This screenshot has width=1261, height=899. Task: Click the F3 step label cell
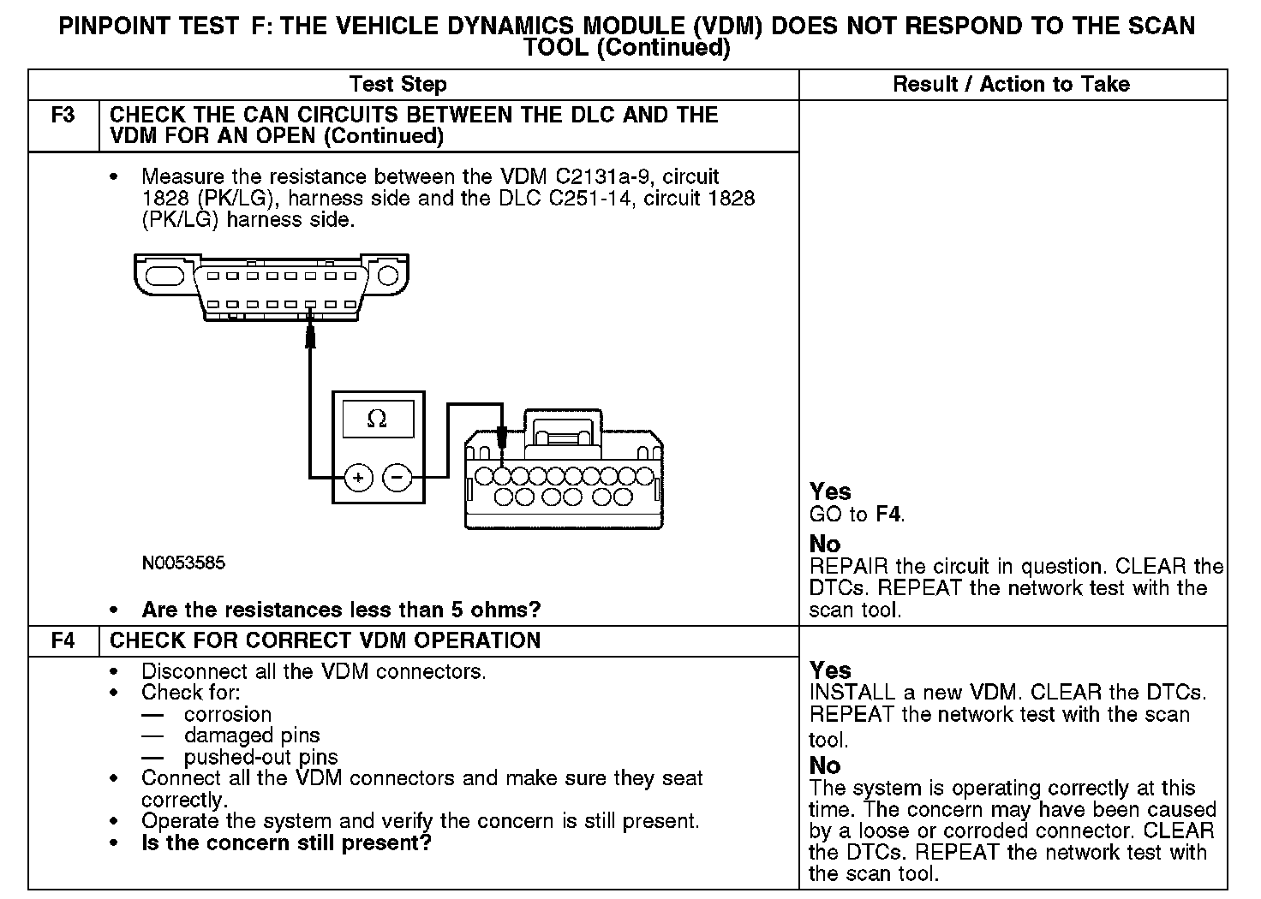63,116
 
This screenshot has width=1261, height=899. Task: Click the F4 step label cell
63,641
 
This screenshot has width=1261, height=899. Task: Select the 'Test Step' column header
397,84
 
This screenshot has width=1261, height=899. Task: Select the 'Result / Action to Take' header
1011,84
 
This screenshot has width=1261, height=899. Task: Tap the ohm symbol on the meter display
377,419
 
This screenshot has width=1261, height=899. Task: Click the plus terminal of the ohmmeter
359,478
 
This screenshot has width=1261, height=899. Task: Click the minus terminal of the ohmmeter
397,478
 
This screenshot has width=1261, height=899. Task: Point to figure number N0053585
184,563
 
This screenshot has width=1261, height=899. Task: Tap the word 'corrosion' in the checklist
228,714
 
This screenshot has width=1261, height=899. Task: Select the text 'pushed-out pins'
260,757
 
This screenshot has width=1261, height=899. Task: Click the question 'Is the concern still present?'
286,842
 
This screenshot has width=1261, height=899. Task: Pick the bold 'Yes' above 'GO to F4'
830,491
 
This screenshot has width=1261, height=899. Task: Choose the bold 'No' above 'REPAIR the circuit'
825,544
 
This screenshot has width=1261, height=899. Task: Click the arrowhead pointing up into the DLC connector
311,336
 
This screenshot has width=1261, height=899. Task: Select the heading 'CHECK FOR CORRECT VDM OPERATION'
326,641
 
